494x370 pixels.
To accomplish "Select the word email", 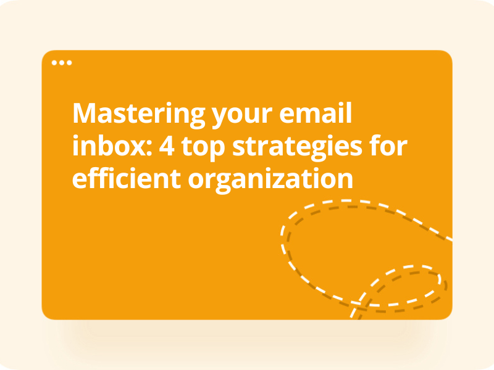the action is [316, 113].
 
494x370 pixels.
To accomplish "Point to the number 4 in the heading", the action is [167, 146].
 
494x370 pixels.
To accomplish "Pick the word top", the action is [203, 148].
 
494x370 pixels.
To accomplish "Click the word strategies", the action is [297, 148].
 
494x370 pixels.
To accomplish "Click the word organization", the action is [270, 180].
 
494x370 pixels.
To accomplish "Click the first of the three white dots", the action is [54, 63].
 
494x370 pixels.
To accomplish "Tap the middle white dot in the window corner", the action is [62, 63].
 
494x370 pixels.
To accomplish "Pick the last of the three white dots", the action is [69, 63].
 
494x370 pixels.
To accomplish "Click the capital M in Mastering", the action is [84, 113].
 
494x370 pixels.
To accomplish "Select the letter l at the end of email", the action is [349, 113].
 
